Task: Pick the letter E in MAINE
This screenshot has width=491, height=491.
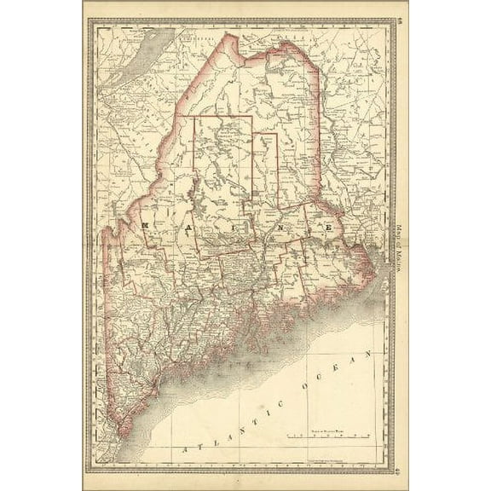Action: (x=327, y=228)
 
